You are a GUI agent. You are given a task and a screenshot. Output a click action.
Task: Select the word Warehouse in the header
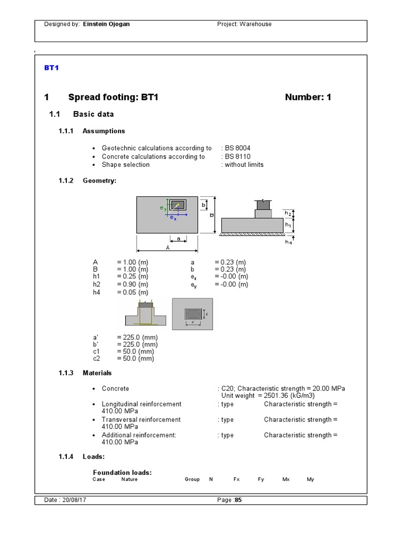point(256,24)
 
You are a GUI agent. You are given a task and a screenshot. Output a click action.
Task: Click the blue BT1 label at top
point(50,68)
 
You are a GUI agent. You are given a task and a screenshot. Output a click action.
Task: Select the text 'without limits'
point(244,164)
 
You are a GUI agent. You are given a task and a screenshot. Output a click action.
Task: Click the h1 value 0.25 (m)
point(133,276)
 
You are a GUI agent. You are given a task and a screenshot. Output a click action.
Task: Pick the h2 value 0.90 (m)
point(133,284)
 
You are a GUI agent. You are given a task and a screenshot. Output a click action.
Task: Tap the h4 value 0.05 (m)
point(133,292)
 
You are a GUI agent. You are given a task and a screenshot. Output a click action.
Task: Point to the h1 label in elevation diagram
point(288,225)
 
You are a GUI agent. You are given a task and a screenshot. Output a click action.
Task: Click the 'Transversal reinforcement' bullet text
point(141,420)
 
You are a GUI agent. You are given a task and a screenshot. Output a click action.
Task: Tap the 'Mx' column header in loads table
point(286,480)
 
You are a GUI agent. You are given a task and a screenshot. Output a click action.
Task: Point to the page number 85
point(238,501)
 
